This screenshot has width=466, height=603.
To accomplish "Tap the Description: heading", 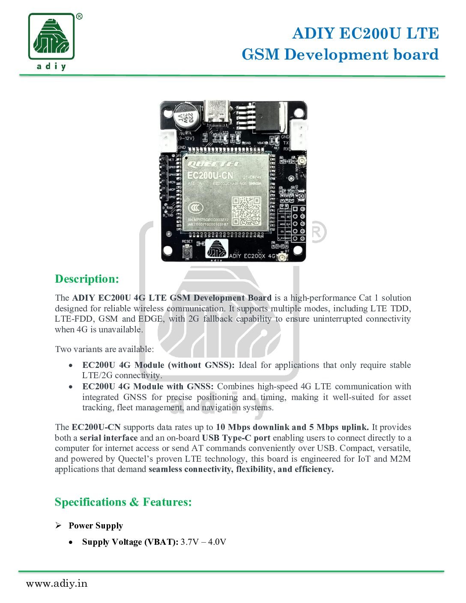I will click(87, 279).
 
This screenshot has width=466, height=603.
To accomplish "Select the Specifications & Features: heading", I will click(123, 502).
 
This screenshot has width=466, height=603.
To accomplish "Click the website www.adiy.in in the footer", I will click(57, 583).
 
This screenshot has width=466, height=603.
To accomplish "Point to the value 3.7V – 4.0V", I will click(203, 542).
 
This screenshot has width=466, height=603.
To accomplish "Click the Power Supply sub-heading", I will click(96, 525).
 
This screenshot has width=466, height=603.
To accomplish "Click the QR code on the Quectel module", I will click(246, 210).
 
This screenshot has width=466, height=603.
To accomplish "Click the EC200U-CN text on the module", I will click(210, 176).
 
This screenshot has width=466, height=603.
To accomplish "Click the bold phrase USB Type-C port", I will click(236, 438).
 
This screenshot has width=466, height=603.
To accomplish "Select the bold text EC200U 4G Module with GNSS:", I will click(148, 386).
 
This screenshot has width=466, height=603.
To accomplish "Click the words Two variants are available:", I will click(104, 349).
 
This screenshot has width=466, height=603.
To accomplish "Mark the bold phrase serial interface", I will click(108, 438).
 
